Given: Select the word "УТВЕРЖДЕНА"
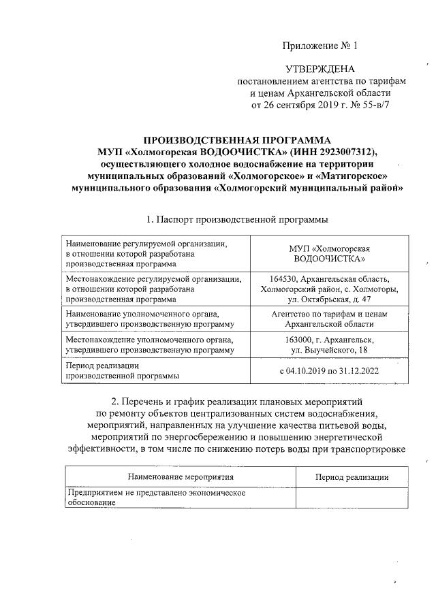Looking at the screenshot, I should pos(320,69).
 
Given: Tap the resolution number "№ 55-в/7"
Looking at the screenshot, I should pos(364,106).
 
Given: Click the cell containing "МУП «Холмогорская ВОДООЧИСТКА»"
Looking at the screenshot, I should pos(330,253).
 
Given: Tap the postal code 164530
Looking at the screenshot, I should pos(285,278).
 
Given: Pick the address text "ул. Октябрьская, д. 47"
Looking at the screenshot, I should pos(330,299).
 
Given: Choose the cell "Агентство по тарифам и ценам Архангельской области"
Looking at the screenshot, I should pos(330,319).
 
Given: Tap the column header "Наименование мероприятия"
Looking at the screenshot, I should pos(181,478).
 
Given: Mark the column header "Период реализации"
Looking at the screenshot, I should pos(352,478).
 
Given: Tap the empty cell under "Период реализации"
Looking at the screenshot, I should pos(352,498).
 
